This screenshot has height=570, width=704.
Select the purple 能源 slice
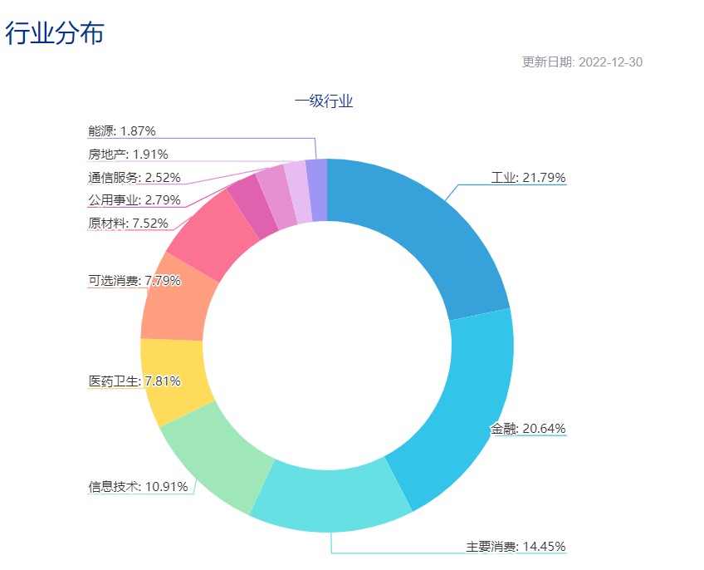tap(316, 190)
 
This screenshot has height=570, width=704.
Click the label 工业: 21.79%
tap(528, 177)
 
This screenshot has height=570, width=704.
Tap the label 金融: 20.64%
tap(528, 429)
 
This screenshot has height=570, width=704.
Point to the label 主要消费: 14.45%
tap(516, 546)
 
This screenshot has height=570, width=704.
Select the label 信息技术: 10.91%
tap(138, 486)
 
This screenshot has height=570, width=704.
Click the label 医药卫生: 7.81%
tap(134, 381)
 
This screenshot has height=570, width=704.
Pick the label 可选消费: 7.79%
tap(134, 280)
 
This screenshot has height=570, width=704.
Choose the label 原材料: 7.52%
tap(128, 223)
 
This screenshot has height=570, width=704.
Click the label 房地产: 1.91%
tap(128, 154)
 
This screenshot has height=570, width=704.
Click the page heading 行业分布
tap(55, 33)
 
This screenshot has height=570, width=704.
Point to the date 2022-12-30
tap(610, 62)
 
